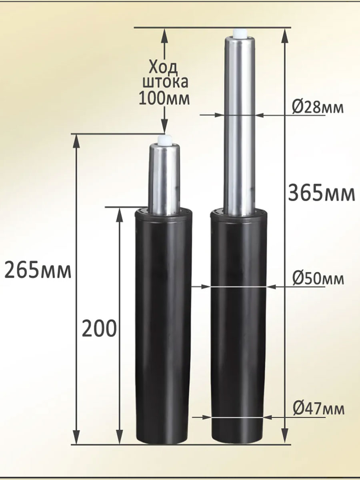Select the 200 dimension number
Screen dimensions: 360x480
[x=99, y=329]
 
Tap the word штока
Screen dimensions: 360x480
[x=165, y=82]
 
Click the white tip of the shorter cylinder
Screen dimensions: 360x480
[x=165, y=140]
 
